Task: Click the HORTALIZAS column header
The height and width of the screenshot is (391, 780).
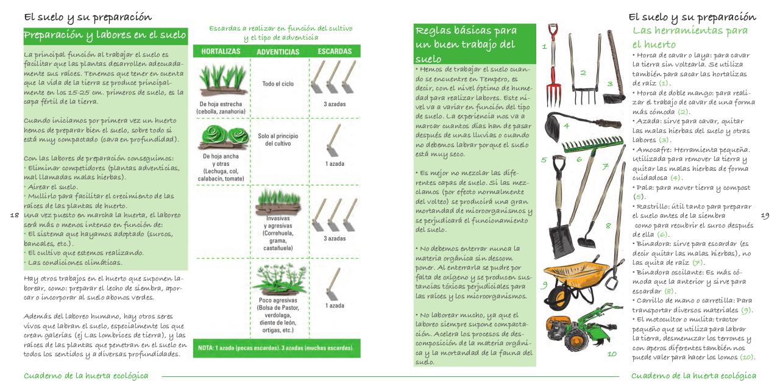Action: pos(220,52)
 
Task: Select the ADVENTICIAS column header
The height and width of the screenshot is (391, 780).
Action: pos(277,52)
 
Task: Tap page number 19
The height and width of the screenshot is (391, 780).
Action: pos(767,215)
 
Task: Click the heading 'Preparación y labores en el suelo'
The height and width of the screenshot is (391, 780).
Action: pos(105,35)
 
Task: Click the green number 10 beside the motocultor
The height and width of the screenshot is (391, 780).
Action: pos(611,353)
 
